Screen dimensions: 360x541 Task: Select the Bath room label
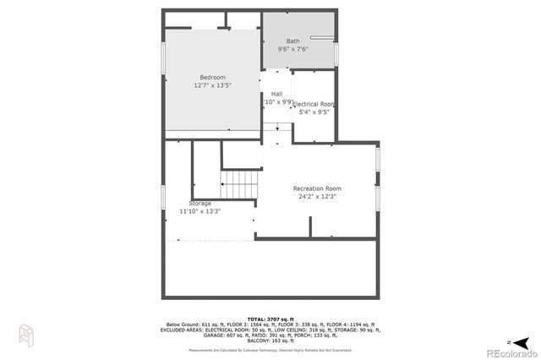(292, 41)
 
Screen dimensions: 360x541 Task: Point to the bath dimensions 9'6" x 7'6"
(292, 49)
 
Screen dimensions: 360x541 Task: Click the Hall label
(276, 94)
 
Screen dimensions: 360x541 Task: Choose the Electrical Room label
(314, 104)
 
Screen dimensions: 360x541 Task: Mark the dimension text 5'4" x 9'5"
(314, 112)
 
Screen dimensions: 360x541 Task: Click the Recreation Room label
(316, 188)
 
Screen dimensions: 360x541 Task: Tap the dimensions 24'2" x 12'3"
(316, 196)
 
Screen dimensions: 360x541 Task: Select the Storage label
(200, 203)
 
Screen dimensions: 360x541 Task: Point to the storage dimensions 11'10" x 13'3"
(200, 211)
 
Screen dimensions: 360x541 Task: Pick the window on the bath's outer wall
(336, 52)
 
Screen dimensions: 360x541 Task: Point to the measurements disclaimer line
(270, 349)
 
